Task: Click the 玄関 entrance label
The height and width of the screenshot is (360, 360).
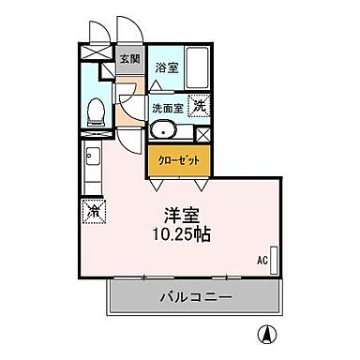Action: (x=130, y=59)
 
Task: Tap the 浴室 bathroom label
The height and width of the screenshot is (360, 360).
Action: (x=166, y=67)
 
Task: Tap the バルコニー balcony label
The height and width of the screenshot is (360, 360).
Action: (x=194, y=297)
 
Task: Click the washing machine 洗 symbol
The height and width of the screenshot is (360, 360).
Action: (x=199, y=106)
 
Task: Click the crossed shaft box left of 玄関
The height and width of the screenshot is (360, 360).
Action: (x=96, y=53)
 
